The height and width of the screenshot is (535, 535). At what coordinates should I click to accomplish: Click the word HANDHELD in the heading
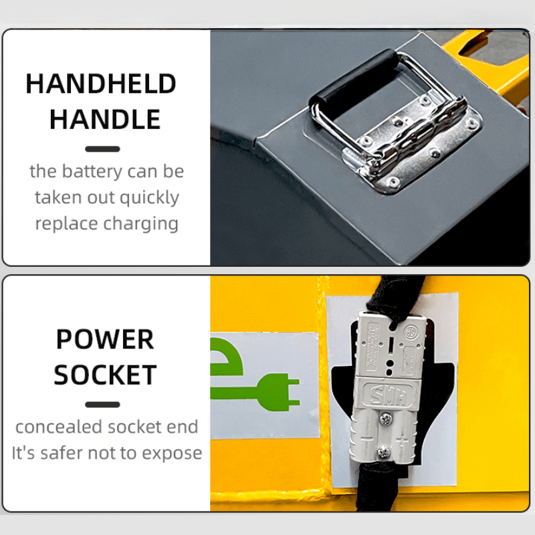click(101, 84)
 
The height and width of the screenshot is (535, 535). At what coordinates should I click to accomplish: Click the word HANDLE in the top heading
click(105, 119)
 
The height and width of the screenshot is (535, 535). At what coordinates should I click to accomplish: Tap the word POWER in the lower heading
click(105, 339)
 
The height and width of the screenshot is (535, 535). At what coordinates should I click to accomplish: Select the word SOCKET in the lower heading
click(105, 374)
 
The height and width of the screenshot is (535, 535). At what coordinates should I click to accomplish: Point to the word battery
click(92, 172)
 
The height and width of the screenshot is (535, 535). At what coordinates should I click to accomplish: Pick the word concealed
click(59, 427)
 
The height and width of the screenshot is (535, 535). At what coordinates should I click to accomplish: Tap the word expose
click(172, 454)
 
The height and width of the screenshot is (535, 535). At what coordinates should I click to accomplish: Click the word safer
click(62, 453)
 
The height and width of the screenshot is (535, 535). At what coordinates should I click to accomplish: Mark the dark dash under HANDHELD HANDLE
click(102, 148)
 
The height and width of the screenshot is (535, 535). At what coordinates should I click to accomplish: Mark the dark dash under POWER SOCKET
click(102, 405)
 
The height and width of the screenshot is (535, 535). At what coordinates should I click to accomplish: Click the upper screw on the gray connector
click(386, 419)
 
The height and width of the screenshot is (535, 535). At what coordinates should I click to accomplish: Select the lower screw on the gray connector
click(383, 452)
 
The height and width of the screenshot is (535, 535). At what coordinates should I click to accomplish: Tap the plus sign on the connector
click(403, 441)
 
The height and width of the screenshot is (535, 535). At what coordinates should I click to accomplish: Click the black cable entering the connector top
click(396, 297)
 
